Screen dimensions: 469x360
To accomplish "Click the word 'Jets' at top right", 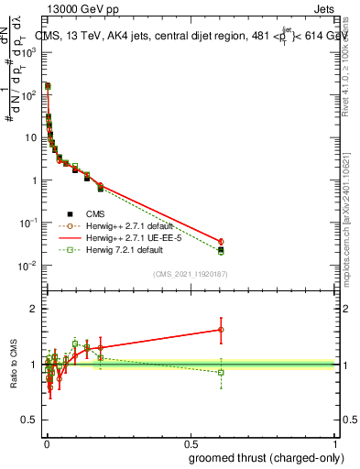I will tap(325, 9).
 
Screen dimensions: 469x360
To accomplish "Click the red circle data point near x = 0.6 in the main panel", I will tap(221, 242).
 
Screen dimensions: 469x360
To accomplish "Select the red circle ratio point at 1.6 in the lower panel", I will tap(221, 330).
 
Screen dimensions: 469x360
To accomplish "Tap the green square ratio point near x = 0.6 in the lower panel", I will tap(221, 372).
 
